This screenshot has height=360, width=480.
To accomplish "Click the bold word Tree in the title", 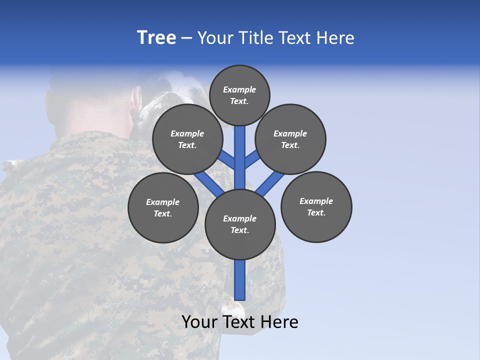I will tap(156, 38).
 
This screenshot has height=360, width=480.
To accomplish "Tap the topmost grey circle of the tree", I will tap(239, 95).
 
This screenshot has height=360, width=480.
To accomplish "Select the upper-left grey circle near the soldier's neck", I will tap(187, 139).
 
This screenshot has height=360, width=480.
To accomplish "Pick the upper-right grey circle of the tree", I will tap(290, 139).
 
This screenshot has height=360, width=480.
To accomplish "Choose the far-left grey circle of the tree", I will tap(163, 207).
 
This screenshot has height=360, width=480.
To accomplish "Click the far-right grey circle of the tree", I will tap(316, 206).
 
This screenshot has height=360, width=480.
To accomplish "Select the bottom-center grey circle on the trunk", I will tap(240, 224).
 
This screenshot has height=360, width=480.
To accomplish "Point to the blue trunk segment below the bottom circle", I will tap(240, 280).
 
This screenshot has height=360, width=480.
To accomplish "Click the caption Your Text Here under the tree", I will tap(239, 322).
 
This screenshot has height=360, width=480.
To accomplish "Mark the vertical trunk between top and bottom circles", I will tap(240, 160).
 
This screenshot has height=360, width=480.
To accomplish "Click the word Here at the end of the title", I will tap(335, 38).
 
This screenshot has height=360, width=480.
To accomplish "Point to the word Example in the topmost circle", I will tap(239, 89).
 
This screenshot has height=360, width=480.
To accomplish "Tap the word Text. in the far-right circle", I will tap(316, 212).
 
